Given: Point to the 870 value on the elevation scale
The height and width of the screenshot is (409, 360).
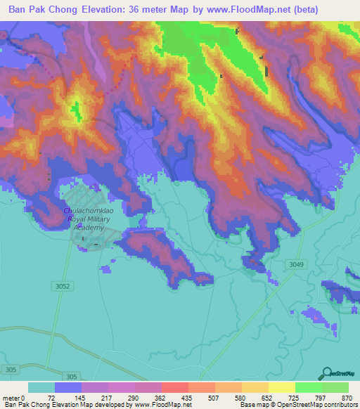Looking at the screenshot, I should (x=347, y=397).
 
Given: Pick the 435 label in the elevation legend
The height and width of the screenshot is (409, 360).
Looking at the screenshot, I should (x=187, y=397).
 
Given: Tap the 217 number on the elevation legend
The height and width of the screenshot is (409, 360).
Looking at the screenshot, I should (x=107, y=397).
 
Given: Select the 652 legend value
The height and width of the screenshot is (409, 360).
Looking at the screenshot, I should (x=267, y=397).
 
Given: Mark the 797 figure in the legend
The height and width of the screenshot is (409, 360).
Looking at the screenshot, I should (x=321, y=397).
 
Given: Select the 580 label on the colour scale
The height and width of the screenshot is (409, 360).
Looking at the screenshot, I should (x=240, y=397).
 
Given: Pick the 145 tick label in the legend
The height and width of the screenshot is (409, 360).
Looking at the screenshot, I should (x=80, y=397).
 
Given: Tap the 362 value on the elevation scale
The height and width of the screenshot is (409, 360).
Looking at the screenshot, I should (x=160, y=397).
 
